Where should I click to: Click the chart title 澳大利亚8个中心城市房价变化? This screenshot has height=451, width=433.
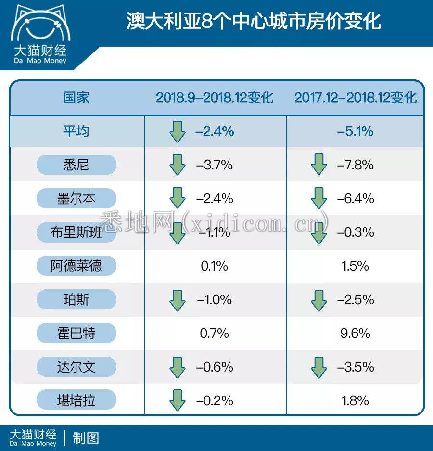coord(254,21)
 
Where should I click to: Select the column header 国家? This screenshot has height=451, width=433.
coord(76,98)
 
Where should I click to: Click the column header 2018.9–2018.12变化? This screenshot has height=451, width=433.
coord(214,98)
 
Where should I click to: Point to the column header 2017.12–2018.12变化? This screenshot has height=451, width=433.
coord(356,98)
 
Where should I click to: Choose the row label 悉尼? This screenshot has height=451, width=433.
coord(76,165)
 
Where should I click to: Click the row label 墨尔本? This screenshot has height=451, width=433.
coord(76,199)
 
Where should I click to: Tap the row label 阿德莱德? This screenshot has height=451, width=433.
coord(76,266)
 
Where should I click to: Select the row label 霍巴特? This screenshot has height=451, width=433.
coord(76,333)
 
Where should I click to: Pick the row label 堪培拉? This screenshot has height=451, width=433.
coord(76,400)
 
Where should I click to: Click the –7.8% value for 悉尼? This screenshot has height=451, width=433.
coord(356,165)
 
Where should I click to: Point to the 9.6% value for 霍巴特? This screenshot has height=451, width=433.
coord(355,333)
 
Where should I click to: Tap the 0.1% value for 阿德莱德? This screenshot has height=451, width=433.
coord(215,266)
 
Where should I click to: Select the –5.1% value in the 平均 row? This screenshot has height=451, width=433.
coord(356,131)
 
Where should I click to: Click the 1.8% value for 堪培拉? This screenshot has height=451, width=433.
coord(355,400)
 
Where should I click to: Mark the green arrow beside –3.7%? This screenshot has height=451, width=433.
coord(178,165)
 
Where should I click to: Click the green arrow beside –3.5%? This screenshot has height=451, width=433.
coord(318,367)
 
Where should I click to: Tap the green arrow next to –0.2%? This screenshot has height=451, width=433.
coord(178,400)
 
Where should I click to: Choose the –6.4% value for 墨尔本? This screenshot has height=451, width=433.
coord(356,199)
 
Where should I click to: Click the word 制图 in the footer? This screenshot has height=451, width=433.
coord(86,438)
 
